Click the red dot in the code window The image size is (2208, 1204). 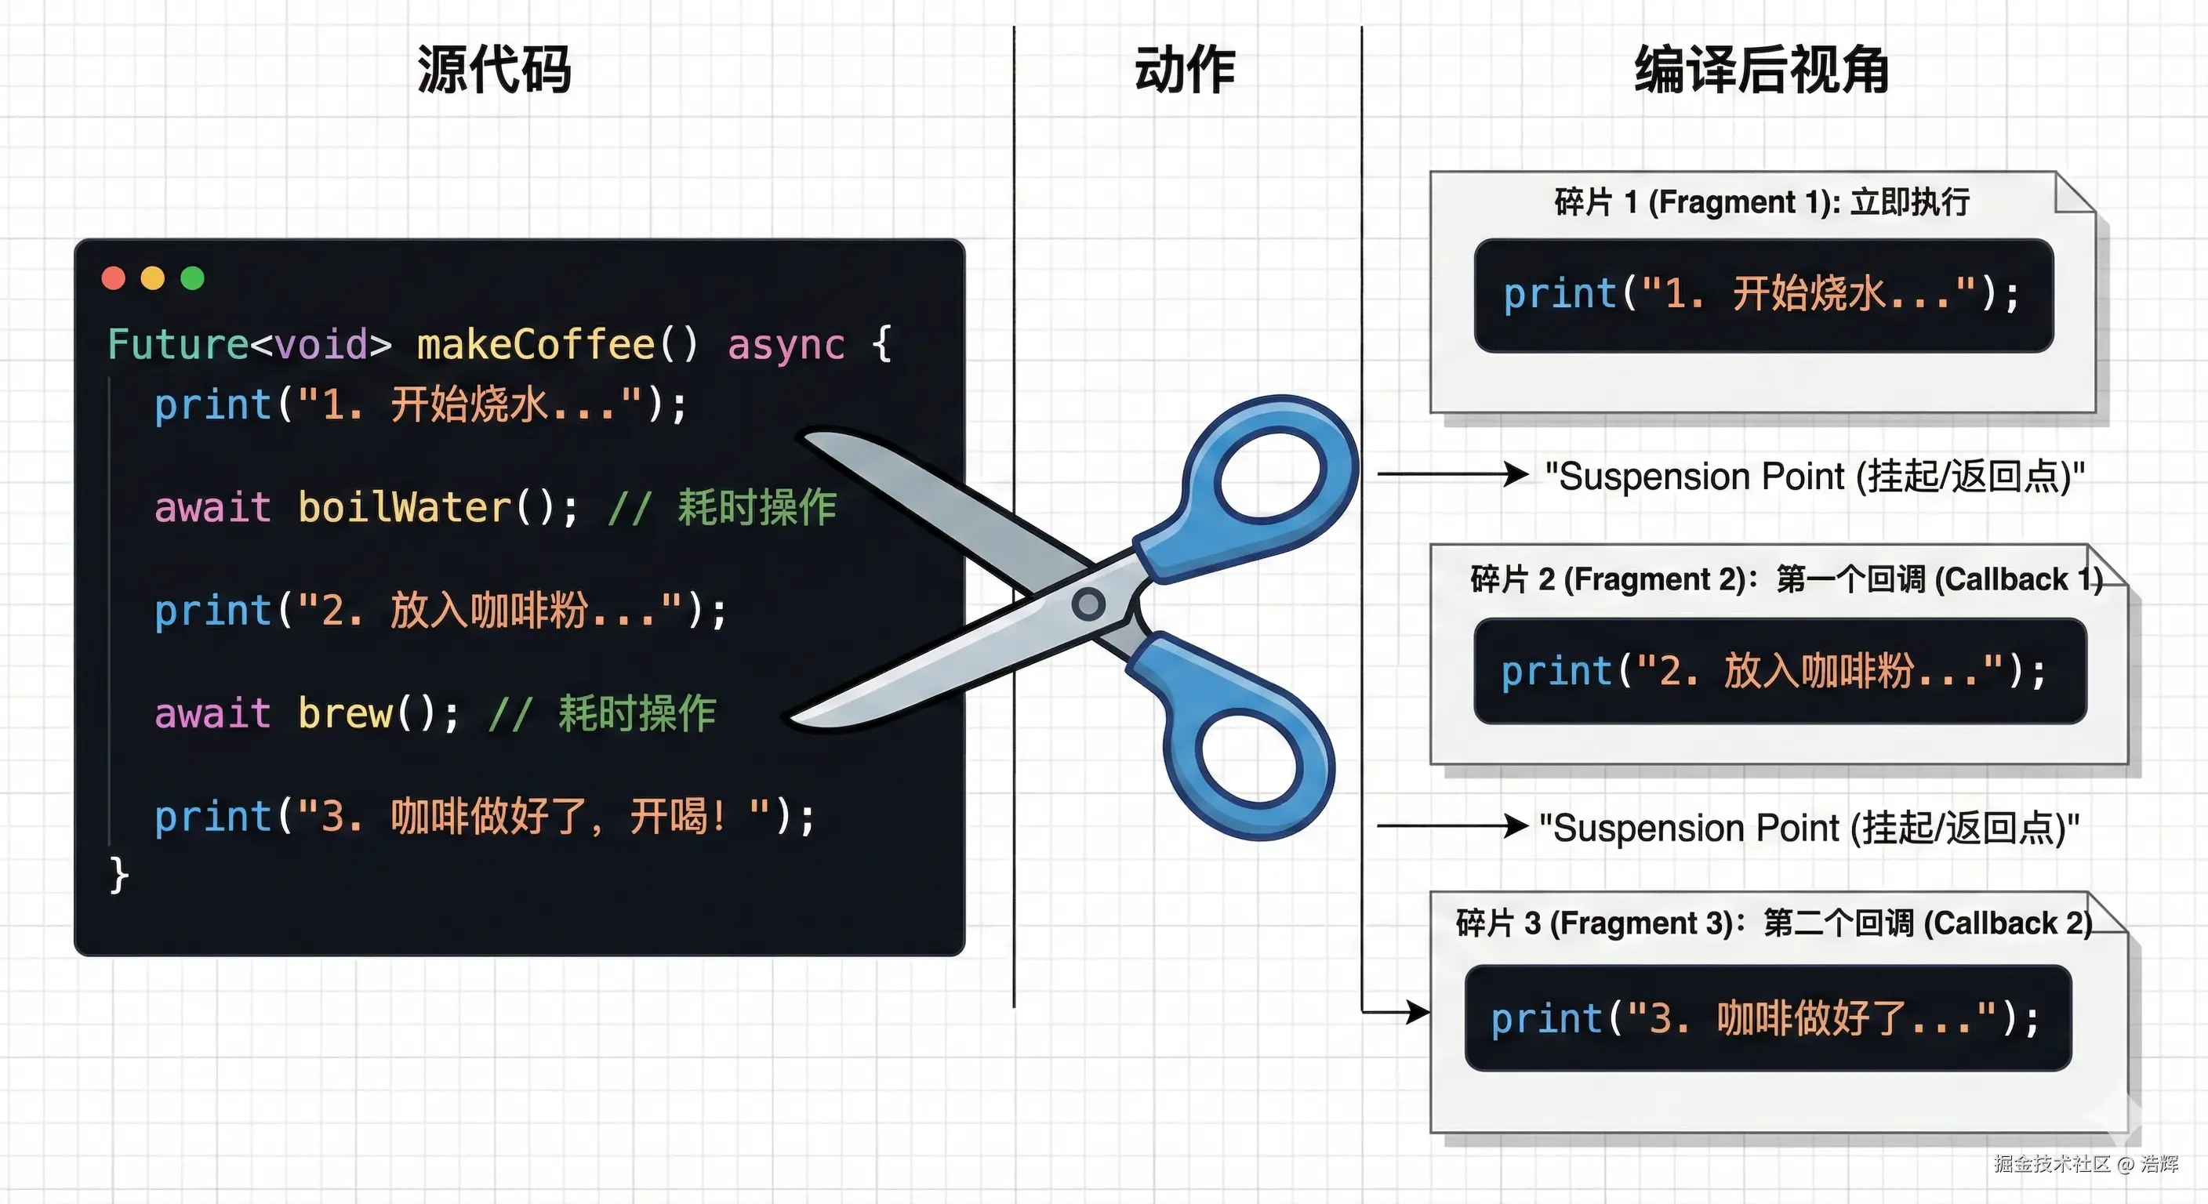click(113, 277)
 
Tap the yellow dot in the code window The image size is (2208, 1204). click(153, 277)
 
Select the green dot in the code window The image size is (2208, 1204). click(193, 277)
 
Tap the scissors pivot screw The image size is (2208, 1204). click(1088, 604)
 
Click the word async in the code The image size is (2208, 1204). click(786, 344)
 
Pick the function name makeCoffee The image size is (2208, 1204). click(536, 343)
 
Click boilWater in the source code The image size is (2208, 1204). click(405, 507)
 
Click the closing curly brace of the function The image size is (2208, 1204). click(119, 875)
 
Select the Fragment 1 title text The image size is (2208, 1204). click(1763, 202)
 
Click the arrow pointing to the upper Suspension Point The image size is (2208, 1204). click(1454, 474)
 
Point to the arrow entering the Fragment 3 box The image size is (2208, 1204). click(1396, 1012)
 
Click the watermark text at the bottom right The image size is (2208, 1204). click(2086, 1163)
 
